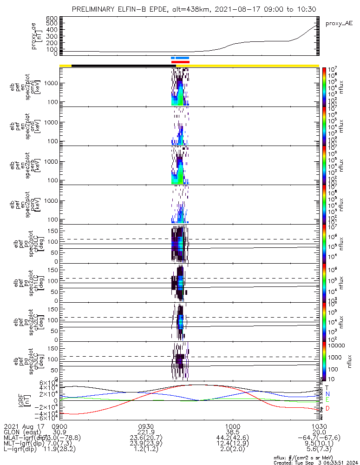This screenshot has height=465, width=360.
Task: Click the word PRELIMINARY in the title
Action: [95, 9]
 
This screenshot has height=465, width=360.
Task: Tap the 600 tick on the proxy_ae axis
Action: [52, 18]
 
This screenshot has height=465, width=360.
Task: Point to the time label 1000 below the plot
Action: [232, 426]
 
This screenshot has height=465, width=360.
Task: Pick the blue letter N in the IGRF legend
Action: [327, 393]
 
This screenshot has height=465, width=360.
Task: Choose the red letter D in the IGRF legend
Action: [327, 408]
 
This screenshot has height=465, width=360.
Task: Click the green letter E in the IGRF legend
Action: [327, 399]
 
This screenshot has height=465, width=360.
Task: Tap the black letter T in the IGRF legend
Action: [327, 387]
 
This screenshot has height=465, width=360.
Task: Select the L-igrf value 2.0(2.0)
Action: [232, 449]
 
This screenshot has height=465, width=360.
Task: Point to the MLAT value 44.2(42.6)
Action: [232, 438]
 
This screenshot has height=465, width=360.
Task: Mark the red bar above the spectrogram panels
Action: [180, 62]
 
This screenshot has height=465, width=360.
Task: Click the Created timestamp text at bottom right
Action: [316, 462]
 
